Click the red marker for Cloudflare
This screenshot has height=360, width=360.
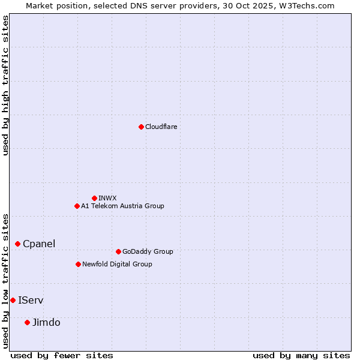[141, 127]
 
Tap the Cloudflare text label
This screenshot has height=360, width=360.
[161, 127]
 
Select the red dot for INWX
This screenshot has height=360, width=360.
[94, 198]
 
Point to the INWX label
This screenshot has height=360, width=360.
[107, 198]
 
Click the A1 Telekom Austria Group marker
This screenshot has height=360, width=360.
[77, 206]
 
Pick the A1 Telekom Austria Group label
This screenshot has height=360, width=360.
[122, 206]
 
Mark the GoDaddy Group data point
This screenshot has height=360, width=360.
[118, 251]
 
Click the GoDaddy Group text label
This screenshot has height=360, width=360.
[148, 251]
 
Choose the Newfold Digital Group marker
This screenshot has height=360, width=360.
[78, 264]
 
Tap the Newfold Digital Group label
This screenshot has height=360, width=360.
[117, 264]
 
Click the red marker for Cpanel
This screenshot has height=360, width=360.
[17, 244]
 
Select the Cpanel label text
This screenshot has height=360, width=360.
[39, 244]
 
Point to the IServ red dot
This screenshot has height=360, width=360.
[13, 300]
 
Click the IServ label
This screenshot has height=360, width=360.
[31, 300]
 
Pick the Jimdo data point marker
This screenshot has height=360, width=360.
[27, 322]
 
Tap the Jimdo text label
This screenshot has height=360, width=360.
[46, 322]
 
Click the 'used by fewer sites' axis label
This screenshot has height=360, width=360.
[62, 355]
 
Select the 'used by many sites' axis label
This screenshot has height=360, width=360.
[301, 355]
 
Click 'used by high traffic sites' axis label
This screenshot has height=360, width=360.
[6, 85]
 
